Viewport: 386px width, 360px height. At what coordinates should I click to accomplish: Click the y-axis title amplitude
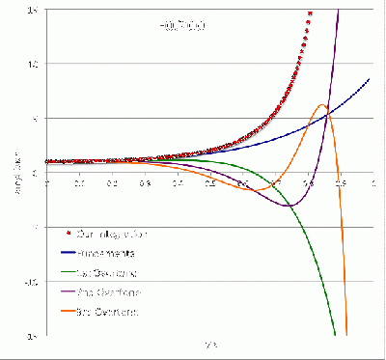(14, 174)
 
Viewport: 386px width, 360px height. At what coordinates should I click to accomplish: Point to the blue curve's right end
(371, 79)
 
